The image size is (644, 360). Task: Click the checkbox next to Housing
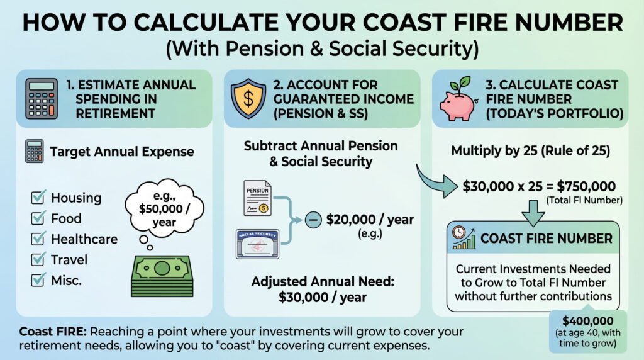38,198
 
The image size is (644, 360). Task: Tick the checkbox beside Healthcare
38,239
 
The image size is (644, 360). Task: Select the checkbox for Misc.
38,280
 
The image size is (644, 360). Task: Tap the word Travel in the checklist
69,259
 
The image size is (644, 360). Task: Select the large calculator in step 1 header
42,99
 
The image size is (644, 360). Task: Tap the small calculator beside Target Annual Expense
35,152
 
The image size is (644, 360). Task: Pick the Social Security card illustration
257,243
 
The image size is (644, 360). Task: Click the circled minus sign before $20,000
311,220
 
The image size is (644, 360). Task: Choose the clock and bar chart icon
463,239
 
